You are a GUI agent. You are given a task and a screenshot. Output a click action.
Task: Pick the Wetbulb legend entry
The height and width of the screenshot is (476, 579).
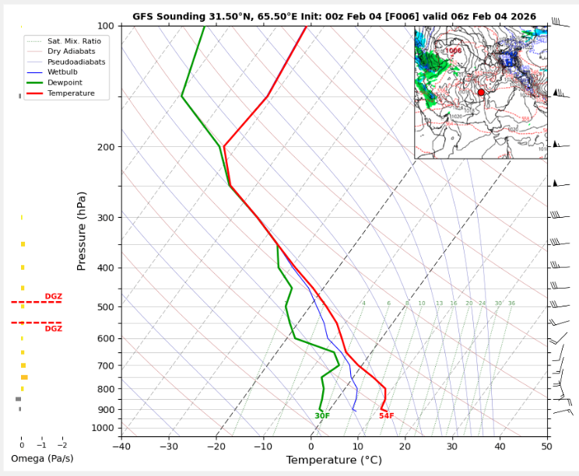coord(65,72)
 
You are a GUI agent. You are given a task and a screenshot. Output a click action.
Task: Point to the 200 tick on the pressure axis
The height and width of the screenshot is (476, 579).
coord(104,147)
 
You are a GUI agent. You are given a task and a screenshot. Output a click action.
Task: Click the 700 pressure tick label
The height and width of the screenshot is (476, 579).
coord(104,366)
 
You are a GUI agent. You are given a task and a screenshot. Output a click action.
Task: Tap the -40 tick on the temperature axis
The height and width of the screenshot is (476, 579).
coord(121,446)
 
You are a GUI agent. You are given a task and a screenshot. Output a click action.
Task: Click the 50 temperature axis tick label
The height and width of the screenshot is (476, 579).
coord(547,446)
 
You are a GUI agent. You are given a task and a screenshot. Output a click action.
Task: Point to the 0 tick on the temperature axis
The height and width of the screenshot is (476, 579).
coord(311,446)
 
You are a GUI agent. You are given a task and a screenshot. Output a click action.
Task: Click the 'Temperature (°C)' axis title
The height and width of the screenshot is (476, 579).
coord(334,460)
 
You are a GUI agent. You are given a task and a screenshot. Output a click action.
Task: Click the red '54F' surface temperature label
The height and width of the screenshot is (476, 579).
coord(386,416)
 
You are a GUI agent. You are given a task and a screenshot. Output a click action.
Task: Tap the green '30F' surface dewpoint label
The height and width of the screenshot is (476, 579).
coord(322,416)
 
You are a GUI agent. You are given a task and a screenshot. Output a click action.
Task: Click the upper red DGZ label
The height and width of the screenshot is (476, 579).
coord(53,296)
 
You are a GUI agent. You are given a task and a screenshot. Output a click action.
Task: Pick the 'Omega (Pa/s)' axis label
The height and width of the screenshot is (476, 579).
coord(43,459)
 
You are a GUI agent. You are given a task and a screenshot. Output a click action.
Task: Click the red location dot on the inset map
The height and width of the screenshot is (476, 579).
coord(481,92)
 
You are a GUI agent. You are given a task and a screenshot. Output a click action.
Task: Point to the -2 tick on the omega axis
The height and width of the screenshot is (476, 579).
coord(62,446)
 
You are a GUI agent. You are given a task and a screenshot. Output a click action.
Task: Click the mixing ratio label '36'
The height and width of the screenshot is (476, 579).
coord(511,303)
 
